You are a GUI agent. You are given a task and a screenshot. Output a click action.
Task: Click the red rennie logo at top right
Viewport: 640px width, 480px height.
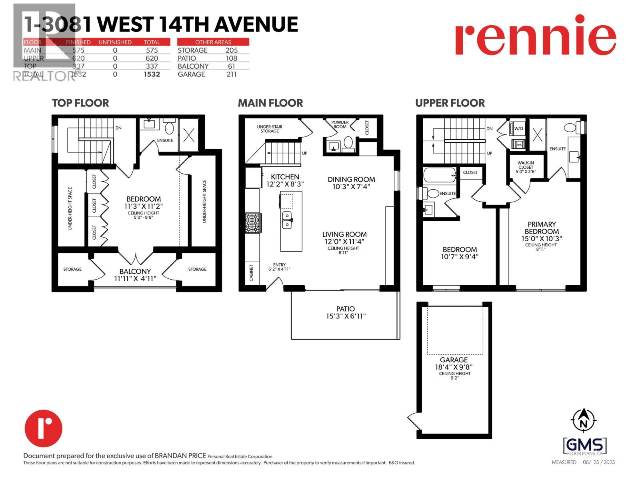click(x=535, y=35)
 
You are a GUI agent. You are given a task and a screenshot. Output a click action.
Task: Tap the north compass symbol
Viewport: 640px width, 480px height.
click(x=584, y=420)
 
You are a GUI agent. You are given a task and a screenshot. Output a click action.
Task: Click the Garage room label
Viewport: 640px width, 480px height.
click(x=454, y=360)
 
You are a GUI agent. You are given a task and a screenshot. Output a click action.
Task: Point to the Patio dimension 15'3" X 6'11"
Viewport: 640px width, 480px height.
click(x=346, y=316)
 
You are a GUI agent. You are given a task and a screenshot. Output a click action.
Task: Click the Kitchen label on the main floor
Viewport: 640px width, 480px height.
click(x=285, y=177)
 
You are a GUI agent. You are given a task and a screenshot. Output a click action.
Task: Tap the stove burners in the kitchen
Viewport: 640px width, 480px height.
click(x=252, y=223)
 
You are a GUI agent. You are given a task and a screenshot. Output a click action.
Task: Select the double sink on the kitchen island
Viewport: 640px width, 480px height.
click(x=287, y=220)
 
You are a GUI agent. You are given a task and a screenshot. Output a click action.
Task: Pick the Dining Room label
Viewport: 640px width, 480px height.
click(x=351, y=180)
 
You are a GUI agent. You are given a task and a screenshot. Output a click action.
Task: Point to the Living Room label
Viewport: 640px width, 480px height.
click(x=344, y=234)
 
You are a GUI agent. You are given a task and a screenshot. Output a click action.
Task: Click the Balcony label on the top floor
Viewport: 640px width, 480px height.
click(x=135, y=271)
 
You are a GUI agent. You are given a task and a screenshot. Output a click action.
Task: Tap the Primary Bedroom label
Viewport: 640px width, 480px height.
click(x=542, y=228)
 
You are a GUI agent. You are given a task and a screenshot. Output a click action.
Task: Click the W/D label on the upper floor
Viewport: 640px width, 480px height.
click(x=518, y=128)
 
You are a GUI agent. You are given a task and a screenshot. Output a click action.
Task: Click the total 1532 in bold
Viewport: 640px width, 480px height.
click(x=152, y=74)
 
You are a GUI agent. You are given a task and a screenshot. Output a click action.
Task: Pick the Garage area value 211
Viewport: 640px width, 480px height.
click(x=231, y=74)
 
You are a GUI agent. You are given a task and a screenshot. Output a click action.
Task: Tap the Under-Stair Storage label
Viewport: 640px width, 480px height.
click(x=270, y=129)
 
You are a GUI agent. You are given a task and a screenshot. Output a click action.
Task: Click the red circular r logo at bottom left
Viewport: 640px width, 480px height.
click(x=44, y=428)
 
